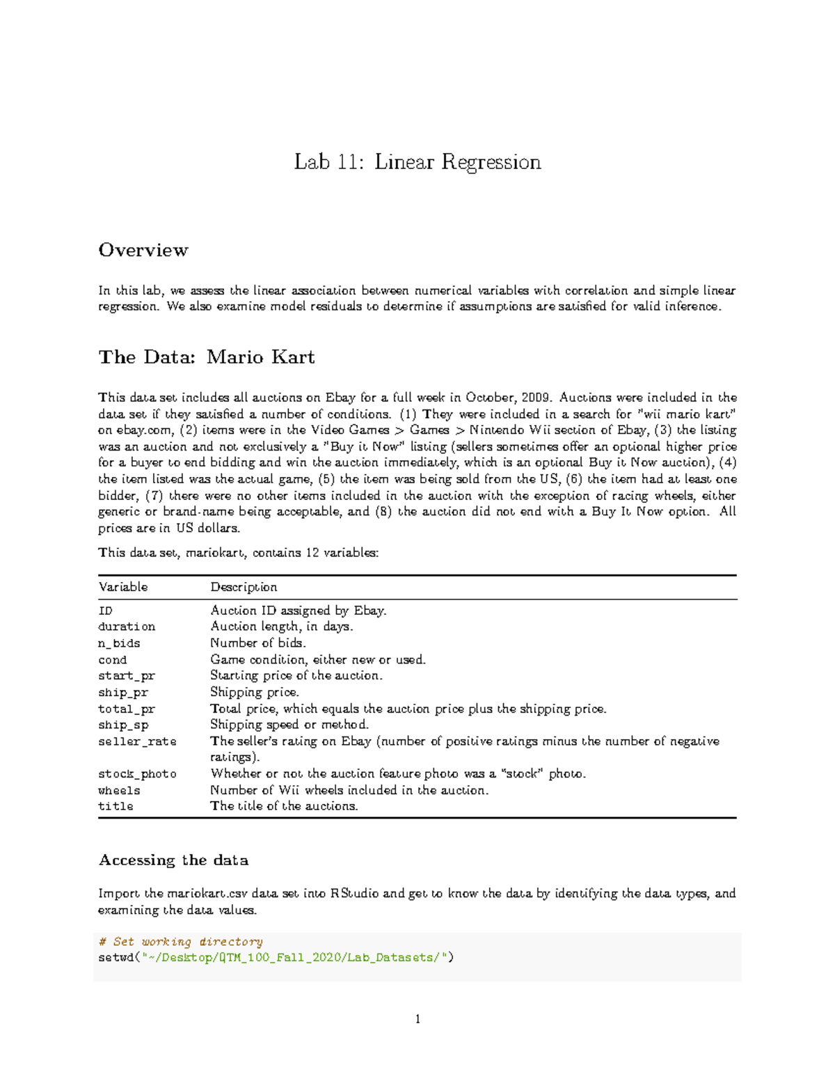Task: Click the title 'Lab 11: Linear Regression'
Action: (417, 162)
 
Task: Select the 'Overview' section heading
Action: (143, 250)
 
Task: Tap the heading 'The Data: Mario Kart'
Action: (207, 357)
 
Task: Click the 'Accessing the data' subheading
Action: (173, 860)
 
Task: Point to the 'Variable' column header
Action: (123, 587)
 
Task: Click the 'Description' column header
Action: (244, 587)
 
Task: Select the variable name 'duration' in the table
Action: (127, 627)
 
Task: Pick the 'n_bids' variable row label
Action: (119, 643)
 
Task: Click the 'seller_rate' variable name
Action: (137, 741)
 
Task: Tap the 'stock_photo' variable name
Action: (137, 774)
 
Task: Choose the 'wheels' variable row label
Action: (119, 791)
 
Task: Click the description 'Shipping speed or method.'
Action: (289, 725)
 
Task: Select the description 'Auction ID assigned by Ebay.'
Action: (299, 611)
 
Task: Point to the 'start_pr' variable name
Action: (127, 676)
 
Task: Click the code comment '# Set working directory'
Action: (181, 942)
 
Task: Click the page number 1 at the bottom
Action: (417, 1019)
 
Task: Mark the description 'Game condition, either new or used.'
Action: (318, 659)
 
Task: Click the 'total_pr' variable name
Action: (127, 709)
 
